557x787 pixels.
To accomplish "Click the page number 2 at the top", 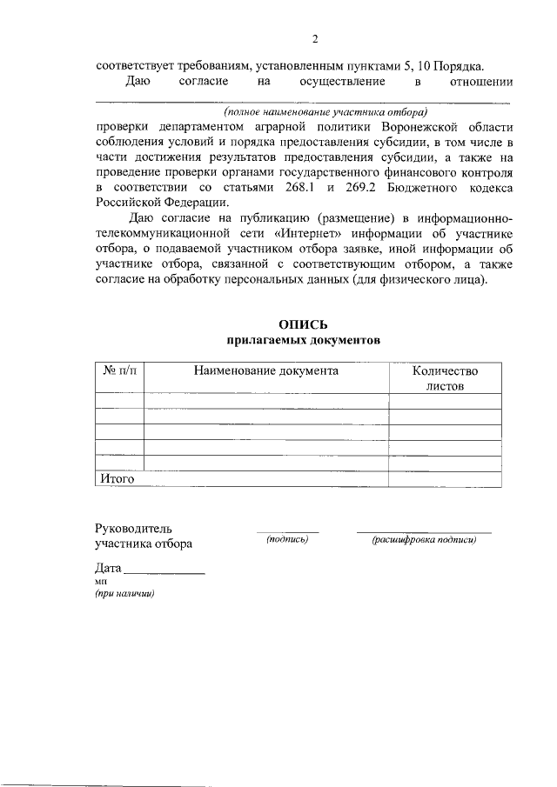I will [317, 39].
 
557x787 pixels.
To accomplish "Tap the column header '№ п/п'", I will [119, 370].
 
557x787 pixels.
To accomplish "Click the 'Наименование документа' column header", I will [265, 370].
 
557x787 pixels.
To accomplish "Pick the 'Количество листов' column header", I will [445, 377].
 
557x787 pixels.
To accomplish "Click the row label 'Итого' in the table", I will [114, 478].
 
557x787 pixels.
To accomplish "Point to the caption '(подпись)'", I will [287, 540].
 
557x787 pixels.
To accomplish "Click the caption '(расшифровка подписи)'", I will [424, 540].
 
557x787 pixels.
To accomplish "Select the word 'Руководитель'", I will [133, 528].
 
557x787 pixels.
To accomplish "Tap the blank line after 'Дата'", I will [165, 574].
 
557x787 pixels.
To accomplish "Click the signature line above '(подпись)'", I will [287, 531].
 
